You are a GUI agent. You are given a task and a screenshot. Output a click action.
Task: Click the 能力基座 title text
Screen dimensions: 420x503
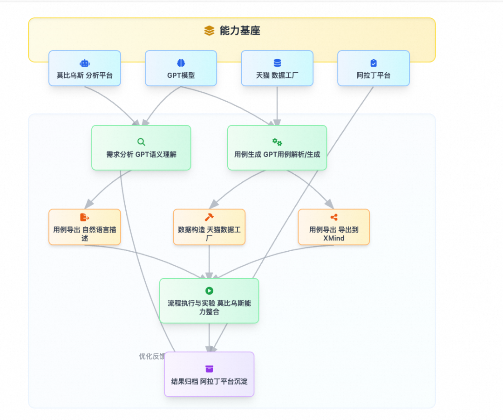tap(240, 31)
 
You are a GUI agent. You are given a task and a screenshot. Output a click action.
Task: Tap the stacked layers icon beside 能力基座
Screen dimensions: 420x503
tap(209, 31)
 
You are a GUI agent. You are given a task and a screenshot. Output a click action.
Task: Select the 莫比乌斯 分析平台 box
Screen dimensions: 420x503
tap(85, 69)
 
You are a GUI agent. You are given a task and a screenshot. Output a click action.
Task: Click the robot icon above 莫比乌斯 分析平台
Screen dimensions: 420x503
tap(85, 63)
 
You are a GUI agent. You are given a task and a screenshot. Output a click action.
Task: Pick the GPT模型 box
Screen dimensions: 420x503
tap(181, 69)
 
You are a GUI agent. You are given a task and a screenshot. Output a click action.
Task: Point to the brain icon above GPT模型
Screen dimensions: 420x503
tap(181, 63)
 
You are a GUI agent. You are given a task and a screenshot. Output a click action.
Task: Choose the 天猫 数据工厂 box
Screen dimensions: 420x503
tap(277, 69)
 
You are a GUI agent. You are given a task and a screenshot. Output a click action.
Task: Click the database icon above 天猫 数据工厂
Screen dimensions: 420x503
tap(277, 63)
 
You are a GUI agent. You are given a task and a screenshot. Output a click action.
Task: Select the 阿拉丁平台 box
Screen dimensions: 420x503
tap(374, 69)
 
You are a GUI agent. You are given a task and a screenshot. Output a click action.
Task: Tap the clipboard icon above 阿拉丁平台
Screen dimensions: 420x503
tap(374, 63)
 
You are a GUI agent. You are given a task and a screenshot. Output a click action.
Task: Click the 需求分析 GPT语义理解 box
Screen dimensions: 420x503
tap(141, 148)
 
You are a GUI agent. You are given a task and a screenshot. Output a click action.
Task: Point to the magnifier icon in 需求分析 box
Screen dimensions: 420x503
tap(141, 142)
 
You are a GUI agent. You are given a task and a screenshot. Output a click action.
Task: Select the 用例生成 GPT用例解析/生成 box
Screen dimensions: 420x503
tap(277, 148)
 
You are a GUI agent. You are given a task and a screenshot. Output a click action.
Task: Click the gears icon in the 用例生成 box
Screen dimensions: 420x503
tap(277, 142)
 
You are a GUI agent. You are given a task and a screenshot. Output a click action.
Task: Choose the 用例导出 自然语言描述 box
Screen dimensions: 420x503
tap(85, 227)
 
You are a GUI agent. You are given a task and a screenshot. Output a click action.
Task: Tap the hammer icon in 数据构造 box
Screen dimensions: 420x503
tap(209, 217)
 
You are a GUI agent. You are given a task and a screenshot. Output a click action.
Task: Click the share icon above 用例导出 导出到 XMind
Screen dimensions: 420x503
tap(334, 217)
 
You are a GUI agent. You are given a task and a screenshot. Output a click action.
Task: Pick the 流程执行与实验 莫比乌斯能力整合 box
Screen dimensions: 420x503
tap(209, 301)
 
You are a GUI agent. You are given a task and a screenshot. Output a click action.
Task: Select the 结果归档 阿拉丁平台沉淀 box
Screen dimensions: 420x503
tap(209, 374)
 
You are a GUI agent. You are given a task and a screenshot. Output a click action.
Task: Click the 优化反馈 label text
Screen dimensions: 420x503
tap(152, 356)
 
